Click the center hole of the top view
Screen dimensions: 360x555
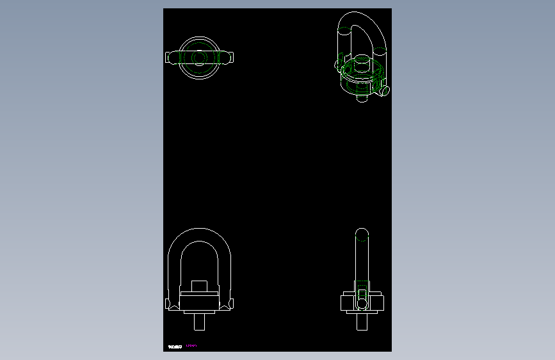tap(198, 58)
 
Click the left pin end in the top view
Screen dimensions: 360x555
tap(170, 58)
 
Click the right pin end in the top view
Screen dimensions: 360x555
tap(229, 58)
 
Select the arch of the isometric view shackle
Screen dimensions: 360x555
tap(362, 17)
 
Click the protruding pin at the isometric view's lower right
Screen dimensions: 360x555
tap(385, 92)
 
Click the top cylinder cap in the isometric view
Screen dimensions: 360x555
tap(360, 64)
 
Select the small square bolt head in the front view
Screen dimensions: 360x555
tap(198, 286)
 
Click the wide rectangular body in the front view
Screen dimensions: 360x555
tap(198, 300)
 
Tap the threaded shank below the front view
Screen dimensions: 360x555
tap(198, 322)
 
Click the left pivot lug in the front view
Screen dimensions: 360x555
tap(172, 304)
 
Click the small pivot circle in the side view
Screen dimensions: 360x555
tap(362, 302)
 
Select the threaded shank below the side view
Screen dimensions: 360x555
tap(362, 322)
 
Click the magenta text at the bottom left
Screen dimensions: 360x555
tap(191, 346)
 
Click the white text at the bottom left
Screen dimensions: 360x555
tap(175, 346)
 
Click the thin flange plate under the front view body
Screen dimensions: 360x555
tap(198, 311)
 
